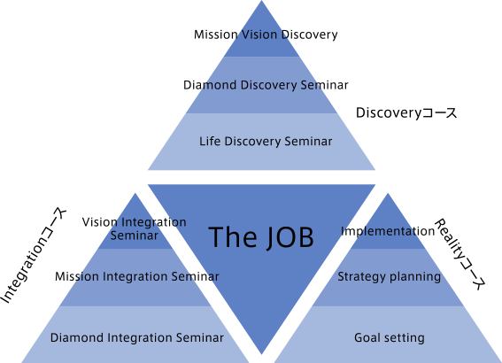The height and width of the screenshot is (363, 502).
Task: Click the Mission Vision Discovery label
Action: [x=266, y=35]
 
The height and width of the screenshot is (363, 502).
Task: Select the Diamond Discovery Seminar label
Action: [x=266, y=85]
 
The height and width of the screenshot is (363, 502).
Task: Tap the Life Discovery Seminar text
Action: [x=266, y=141]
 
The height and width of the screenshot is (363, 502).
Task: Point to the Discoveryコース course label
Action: [x=406, y=113]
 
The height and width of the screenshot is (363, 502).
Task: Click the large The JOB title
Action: [x=261, y=237]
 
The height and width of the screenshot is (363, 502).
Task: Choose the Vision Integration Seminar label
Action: [x=135, y=228]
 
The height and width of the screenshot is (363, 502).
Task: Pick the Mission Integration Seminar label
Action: [x=137, y=276]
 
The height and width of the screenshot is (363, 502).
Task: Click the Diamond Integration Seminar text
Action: [x=137, y=337]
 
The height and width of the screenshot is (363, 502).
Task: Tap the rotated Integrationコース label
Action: [x=34, y=256]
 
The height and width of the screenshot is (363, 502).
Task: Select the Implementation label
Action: [x=388, y=231]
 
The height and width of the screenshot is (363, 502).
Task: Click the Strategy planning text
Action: [x=390, y=276]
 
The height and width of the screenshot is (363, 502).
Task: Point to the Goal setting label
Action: [x=390, y=337]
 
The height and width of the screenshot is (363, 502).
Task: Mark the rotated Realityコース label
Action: [x=460, y=254]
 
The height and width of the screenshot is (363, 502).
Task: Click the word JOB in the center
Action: [x=290, y=237]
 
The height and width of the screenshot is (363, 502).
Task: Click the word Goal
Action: [x=367, y=337]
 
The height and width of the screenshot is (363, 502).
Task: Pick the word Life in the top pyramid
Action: [x=210, y=141]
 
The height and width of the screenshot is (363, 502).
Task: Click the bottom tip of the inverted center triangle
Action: [x=261, y=354]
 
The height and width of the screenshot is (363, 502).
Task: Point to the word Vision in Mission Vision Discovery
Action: [x=259, y=35]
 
